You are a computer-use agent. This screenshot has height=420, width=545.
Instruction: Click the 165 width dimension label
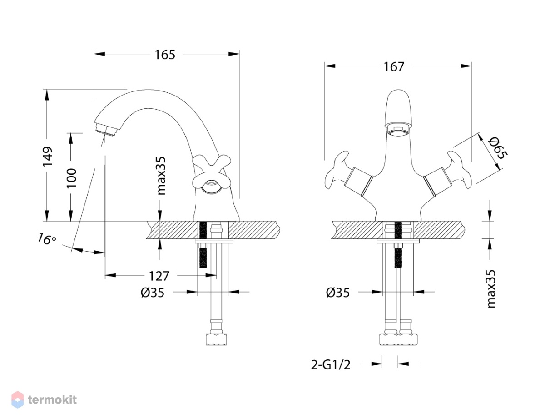[x=165, y=55]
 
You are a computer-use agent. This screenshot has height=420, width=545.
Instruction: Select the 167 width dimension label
[x=394, y=67]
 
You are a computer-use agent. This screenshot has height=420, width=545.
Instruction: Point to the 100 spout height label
[x=71, y=178]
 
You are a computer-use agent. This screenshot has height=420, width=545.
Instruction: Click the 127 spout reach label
[x=159, y=276]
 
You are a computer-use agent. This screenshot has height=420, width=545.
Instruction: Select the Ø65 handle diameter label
[x=498, y=148]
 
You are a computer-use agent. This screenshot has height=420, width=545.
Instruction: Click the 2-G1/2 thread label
[x=331, y=365]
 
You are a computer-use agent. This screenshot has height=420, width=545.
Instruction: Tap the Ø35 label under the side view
[x=153, y=293]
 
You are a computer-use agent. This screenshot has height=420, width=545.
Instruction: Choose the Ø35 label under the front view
[x=337, y=293]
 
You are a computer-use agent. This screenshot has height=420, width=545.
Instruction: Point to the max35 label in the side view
[x=162, y=176]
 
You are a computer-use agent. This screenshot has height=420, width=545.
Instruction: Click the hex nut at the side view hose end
[x=216, y=339]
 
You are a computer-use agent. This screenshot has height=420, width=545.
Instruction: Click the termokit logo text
[x=52, y=400]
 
